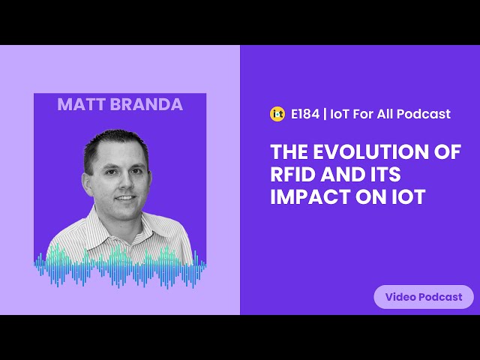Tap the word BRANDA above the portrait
point(147,104)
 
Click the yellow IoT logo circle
point(277,114)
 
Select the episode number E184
point(305,114)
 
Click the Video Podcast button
point(424,297)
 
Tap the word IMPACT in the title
point(310,196)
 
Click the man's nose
point(125,181)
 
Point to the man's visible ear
point(87,184)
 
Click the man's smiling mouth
point(125,198)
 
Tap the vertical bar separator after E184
point(325,114)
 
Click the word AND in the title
point(341,174)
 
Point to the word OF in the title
point(448,151)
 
